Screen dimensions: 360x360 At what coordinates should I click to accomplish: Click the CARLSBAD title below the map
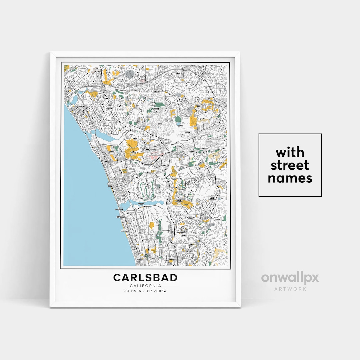[x=145, y=277]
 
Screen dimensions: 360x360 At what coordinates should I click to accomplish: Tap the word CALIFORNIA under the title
[x=145, y=286]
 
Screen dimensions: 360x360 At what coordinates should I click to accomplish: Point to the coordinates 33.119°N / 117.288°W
[x=145, y=291]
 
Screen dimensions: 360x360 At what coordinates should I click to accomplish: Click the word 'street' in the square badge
[x=290, y=165]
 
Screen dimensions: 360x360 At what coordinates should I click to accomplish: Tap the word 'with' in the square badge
[x=290, y=153]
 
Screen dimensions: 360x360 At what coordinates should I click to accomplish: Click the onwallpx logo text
[x=290, y=278]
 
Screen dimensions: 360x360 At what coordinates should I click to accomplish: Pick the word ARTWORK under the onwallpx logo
[x=290, y=289]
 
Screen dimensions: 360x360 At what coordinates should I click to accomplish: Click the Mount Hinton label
[x=181, y=126]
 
